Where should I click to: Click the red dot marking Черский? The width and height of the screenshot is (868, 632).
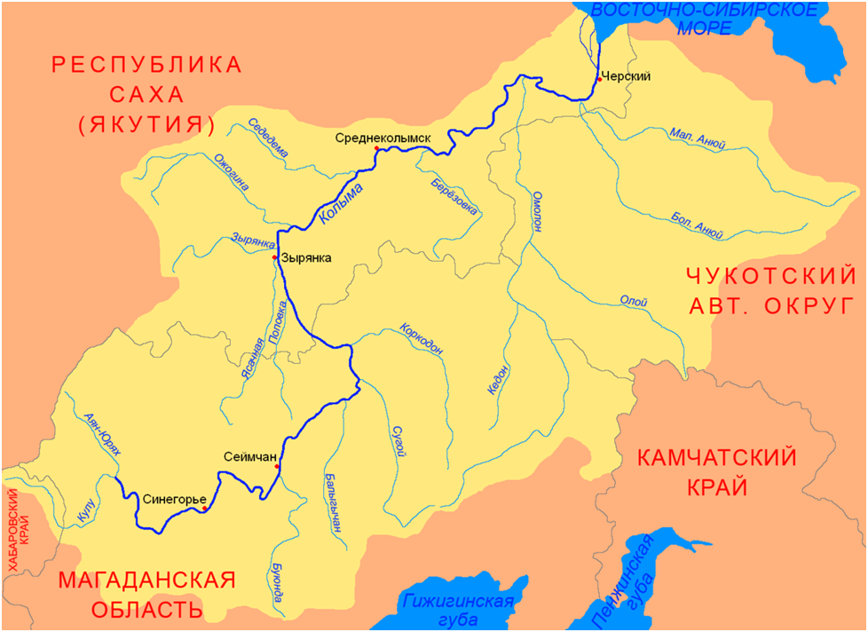pyautogui.click(x=599, y=80)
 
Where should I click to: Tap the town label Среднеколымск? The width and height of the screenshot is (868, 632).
pyautogui.click(x=383, y=138)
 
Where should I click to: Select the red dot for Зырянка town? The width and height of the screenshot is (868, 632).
pyautogui.click(x=275, y=257)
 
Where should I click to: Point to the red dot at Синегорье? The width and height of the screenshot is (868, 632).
pyautogui.click(x=204, y=509)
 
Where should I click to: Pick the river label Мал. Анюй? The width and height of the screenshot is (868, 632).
pyautogui.click(x=698, y=141)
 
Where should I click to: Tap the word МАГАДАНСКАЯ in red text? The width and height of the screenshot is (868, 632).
pyautogui.click(x=146, y=581)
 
